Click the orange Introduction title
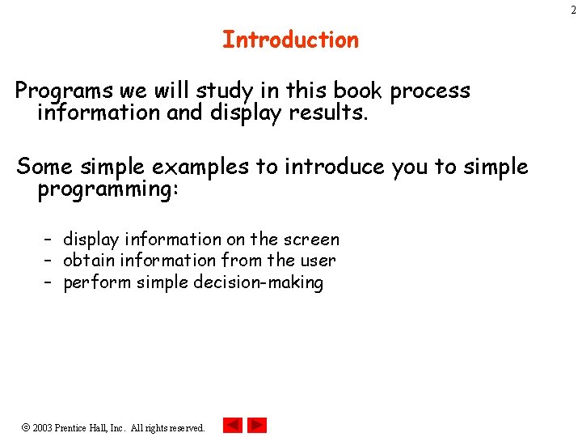(290, 40)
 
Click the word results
(332, 113)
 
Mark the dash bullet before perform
(48, 282)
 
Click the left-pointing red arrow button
(232, 425)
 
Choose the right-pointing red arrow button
(257, 425)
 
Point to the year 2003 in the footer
(43, 427)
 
